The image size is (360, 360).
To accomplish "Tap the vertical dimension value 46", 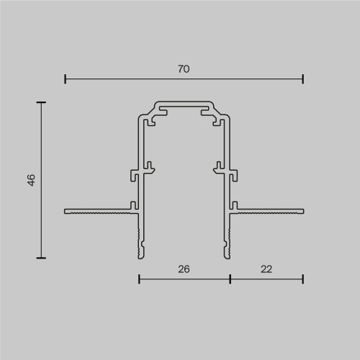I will coord(31,180).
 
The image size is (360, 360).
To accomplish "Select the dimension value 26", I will coord(184,269).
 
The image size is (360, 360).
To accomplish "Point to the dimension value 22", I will coord(266,269).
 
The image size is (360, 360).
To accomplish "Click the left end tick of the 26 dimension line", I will coord(139,279).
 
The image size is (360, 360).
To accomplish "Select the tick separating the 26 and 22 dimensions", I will coord(230,279).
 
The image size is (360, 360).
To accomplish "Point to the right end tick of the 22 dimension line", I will coord(302,279).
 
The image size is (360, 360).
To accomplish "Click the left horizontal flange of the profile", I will coord(97,211).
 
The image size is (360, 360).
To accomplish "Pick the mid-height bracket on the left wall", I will coord(140,173).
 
